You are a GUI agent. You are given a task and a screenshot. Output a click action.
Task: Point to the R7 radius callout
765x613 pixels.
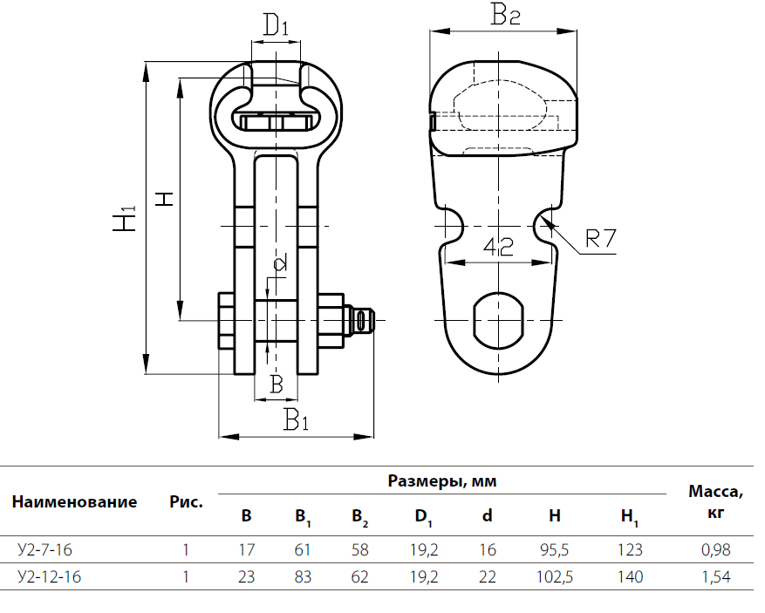(600, 238)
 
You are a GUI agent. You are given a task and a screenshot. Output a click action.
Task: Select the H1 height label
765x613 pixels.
(126, 219)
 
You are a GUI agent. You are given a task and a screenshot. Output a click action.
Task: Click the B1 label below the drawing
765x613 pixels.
(296, 421)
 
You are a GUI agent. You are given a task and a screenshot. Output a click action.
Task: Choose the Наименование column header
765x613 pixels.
(75, 501)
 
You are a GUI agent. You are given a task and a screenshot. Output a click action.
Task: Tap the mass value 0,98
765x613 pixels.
(714, 550)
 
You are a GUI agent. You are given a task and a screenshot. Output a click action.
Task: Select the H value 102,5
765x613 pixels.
(555, 576)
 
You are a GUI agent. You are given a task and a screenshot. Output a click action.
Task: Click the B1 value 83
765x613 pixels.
(303, 576)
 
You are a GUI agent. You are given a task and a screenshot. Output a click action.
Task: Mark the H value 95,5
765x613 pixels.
(555, 550)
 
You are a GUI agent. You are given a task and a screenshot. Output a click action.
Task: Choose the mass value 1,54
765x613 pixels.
(714, 576)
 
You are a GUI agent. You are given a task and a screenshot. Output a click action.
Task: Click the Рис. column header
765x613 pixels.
(186, 501)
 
